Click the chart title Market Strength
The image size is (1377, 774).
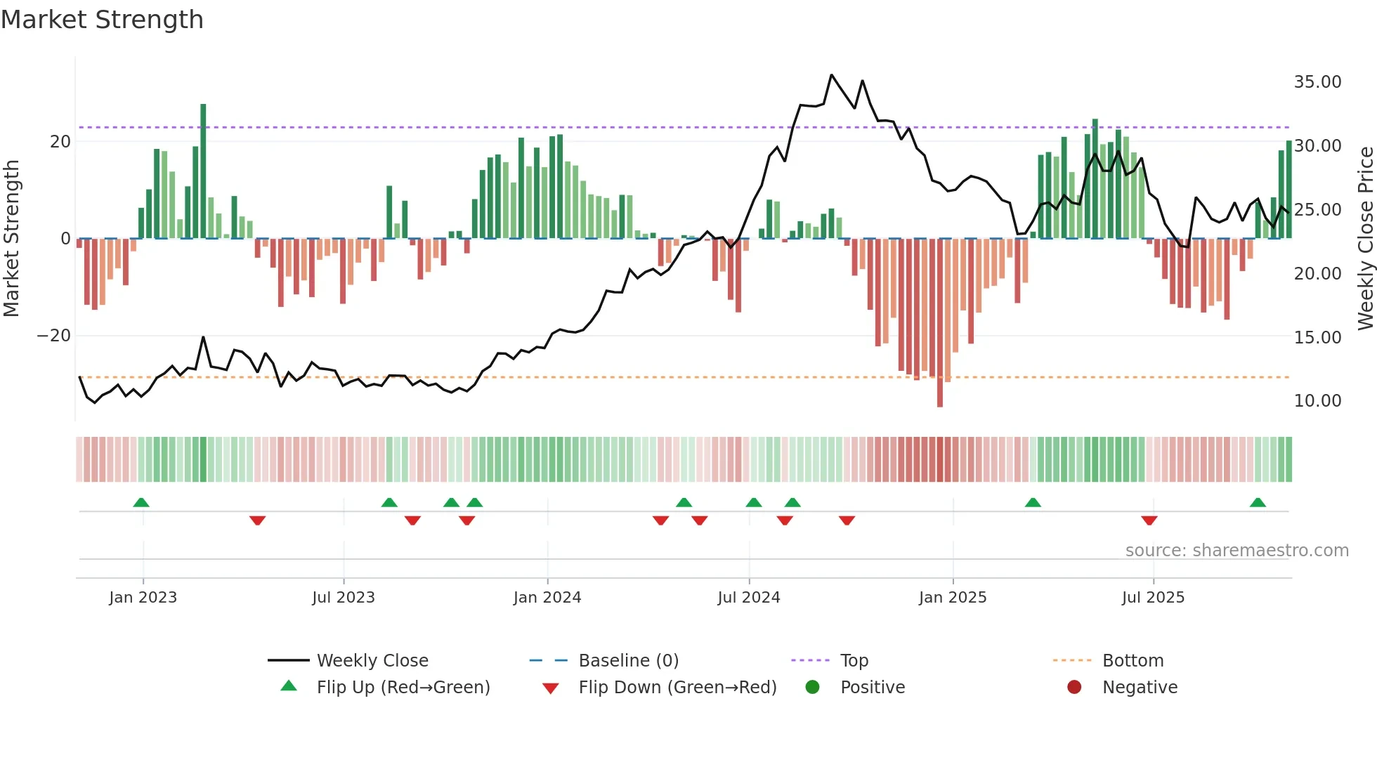click(102, 20)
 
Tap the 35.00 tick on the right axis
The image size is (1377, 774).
click(1317, 82)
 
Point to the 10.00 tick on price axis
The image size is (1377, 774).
click(1317, 401)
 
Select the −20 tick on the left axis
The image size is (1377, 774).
click(54, 336)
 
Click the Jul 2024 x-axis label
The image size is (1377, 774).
click(748, 598)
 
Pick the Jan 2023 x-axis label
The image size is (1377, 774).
click(143, 598)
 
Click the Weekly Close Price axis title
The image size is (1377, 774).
click(1365, 238)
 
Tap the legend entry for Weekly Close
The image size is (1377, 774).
click(372, 661)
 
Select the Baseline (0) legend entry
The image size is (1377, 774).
click(628, 661)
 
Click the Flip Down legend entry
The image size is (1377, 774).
click(677, 688)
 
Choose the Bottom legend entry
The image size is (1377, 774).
click(1133, 661)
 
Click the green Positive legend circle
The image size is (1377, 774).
click(813, 688)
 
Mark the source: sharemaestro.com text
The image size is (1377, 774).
click(1236, 551)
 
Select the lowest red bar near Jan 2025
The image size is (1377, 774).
click(940, 323)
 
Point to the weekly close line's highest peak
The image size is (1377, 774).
click(831, 75)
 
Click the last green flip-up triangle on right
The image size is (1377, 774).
click(1258, 503)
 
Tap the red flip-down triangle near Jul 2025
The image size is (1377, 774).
click(1149, 520)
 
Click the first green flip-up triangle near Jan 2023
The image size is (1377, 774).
click(141, 503)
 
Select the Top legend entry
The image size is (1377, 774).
click(854, 661)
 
